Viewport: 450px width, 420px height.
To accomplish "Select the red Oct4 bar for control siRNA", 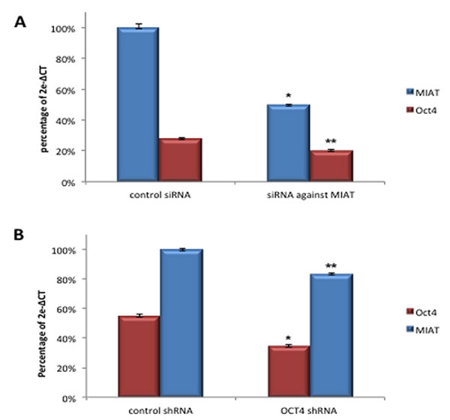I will tap(180, 160).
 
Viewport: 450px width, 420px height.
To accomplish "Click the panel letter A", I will tap(22, 23).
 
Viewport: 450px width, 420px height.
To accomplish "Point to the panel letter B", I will tap(22, 235).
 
